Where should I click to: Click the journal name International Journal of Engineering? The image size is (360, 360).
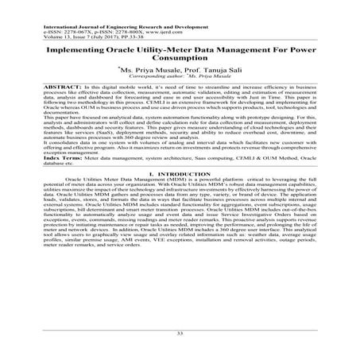[x=79, y=6]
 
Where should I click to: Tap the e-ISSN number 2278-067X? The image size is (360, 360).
[x=64, y=12]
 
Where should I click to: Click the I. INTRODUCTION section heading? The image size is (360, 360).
[x=180, y=194]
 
